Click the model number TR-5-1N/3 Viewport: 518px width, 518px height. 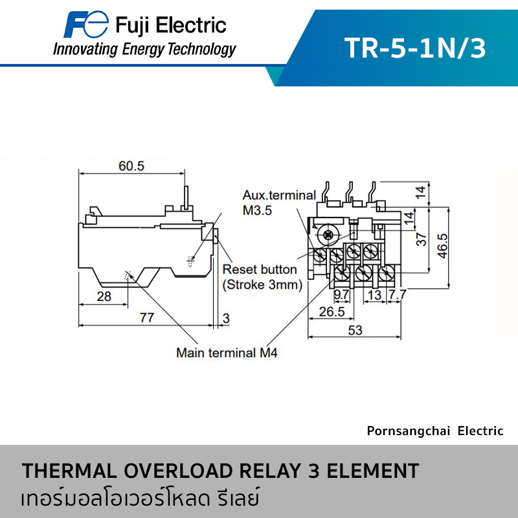coord(414,48)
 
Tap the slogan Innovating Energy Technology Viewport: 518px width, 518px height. coord(144,49)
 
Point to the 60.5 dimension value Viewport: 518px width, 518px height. coord(131,166)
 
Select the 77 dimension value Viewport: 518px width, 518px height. coord(147,317)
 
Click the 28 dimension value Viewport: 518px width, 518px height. coord(104,297)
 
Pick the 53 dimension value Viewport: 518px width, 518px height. coord(354,330)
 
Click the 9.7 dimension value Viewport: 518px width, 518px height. coord(341,295)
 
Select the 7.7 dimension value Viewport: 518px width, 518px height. coord(397,295)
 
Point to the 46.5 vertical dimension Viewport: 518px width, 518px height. coord(442,245)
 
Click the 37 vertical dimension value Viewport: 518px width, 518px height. coord(422,239)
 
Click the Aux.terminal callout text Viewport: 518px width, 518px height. coord(279,195)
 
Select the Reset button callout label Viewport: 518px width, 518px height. coord(260,269)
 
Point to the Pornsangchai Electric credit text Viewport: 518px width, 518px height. coord(434,431)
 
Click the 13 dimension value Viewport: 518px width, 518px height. coord(374,295)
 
